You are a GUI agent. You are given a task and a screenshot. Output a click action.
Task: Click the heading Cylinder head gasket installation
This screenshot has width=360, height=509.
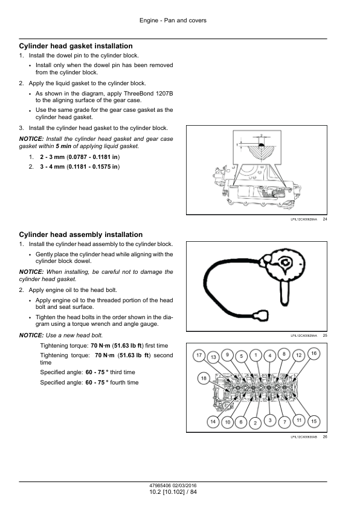tap(76, 46)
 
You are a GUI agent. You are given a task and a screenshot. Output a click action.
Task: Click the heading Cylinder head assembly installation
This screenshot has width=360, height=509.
tap(81, 235)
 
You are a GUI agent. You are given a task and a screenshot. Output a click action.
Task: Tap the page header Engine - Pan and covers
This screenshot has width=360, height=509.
tap(173, 21)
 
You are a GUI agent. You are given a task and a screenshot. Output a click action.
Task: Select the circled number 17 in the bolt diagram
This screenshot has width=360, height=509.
tap(199, 355)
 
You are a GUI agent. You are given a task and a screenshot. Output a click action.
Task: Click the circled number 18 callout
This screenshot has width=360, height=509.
tap(204, 378)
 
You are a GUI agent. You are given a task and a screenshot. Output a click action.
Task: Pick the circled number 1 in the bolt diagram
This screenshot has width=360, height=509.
tap(256, 355)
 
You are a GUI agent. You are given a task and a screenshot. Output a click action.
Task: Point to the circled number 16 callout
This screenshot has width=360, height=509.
tap(313, 353)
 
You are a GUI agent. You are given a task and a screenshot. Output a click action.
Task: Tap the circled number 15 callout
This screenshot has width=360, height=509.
tap(313, 421)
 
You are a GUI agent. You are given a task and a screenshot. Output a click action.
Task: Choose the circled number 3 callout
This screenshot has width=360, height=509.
tap(270, 420)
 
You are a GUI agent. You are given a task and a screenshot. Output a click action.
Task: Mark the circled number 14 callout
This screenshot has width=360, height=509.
tap(213, 422)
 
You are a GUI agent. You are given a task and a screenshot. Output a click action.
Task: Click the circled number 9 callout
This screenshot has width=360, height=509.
tap(227, 355)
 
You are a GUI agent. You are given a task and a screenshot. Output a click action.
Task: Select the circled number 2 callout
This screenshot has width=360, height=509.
tap(256, 423)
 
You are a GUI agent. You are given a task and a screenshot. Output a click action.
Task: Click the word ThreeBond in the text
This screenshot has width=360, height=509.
tap(138, 94)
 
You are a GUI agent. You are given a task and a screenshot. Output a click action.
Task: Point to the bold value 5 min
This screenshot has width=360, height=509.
tap(63, 146)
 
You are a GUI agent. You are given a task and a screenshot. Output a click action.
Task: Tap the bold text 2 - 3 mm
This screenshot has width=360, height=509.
tap(52, 157)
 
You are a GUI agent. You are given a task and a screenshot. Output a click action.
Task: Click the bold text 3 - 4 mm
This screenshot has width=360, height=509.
tap(52, 167)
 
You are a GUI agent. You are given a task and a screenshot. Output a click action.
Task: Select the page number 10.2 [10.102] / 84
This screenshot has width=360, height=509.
tap(173, 492)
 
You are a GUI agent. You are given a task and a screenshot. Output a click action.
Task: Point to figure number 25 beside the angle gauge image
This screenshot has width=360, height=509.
tap(325, 336)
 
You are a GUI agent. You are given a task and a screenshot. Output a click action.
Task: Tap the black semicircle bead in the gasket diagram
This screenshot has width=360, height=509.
tap(261, 144)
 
